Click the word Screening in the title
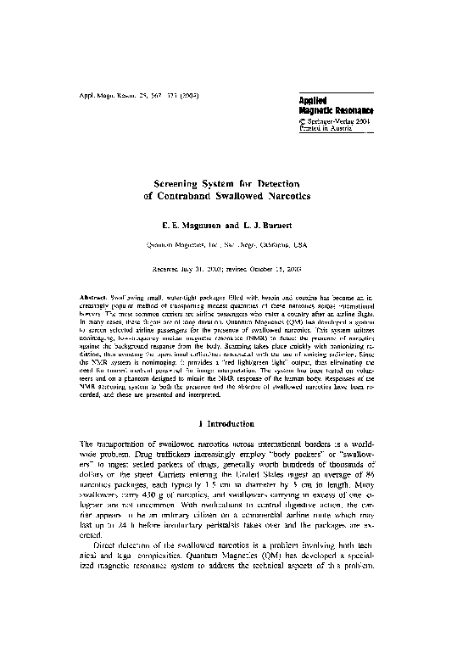coord(181,182)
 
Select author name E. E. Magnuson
coord(187,226)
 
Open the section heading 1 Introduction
coord(227,422)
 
